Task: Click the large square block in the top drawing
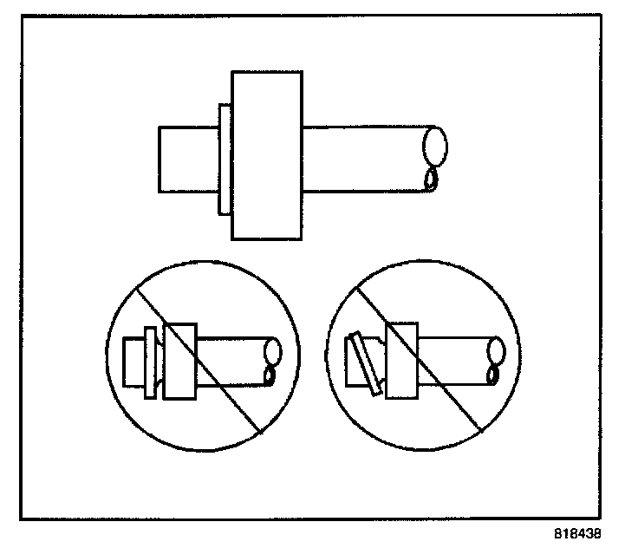point(268,154)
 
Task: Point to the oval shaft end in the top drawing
point(436,145)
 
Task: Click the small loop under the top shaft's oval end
point(431,179)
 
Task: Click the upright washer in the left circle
point(150,362)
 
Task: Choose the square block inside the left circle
point(181,362)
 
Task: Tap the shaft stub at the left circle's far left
point(134,362)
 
